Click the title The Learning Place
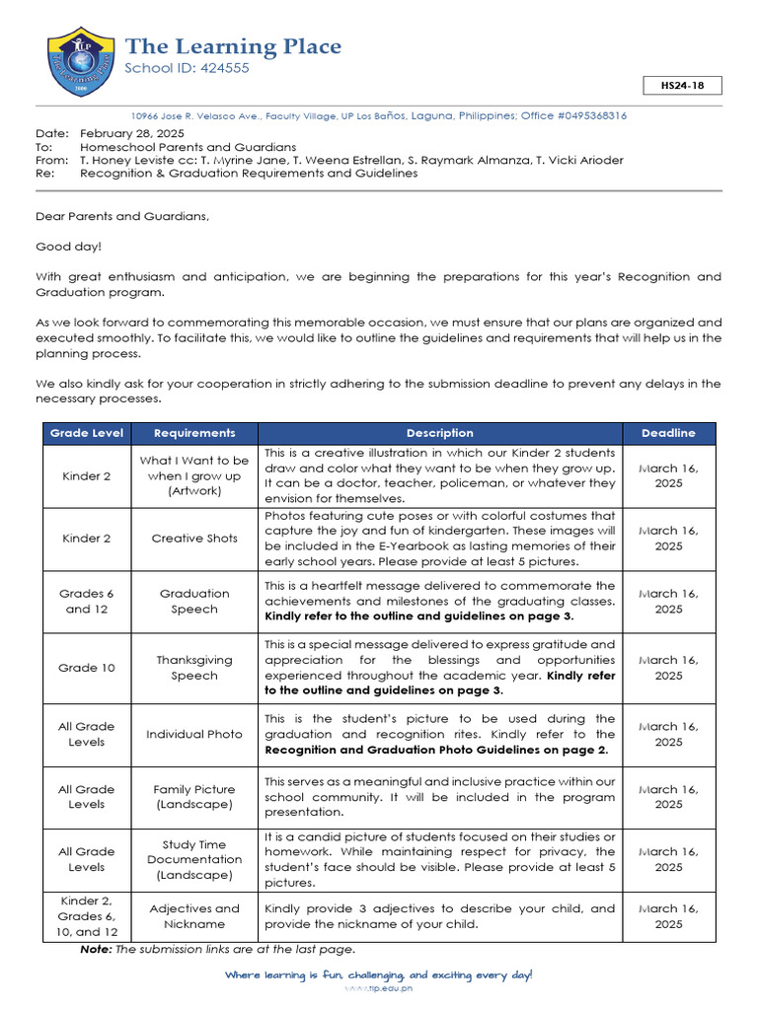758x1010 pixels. (233, 46)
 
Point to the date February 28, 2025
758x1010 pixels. (132, 133)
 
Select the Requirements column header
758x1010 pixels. (194, 433)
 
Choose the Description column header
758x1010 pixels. (439, 433)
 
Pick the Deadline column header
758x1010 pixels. (668, 433)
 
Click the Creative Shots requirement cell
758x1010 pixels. (194, 539)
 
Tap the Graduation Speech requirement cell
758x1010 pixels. (194, 602)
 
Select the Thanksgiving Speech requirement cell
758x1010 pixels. (194, 668)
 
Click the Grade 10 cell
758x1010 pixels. (87, 668)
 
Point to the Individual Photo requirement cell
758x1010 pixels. (194, 734)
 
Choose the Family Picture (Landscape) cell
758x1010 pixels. (194, 797)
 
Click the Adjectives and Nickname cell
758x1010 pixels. (194, 916)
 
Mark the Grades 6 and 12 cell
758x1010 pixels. (87, 602)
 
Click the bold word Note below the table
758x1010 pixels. (95, 950)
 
